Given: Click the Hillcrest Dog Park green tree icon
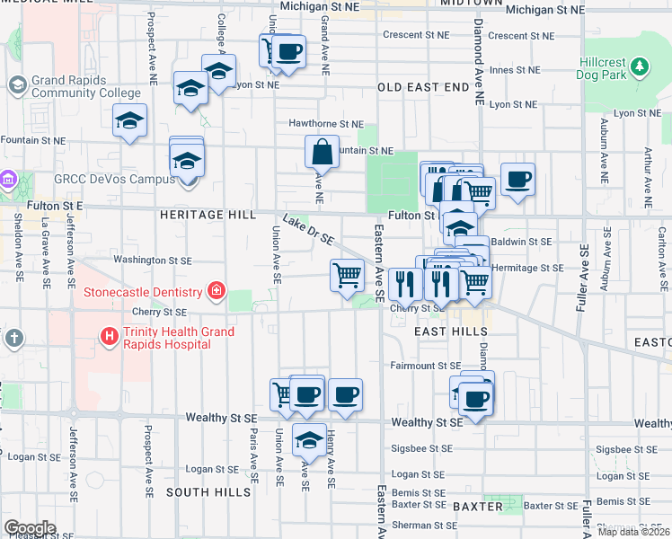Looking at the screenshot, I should click(639, 66).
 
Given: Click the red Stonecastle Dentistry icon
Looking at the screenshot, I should click(216, 291).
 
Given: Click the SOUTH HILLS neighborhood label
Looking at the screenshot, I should click(208, 492).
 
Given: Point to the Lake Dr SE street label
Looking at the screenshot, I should click(308, 231).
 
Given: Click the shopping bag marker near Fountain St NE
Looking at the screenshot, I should click(322, 153).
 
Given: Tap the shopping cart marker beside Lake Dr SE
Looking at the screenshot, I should click(347, 276).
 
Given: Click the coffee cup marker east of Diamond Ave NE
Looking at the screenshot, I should click(517, 180).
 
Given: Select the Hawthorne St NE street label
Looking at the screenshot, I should click(325, 124).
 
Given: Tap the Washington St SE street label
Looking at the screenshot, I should click(153, 260).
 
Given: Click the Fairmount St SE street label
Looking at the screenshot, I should click(425, 366).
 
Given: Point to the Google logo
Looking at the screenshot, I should click(30, 528).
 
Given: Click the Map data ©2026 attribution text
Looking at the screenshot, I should click(633, 532).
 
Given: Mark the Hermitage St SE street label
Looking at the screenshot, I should click(528, 268).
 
